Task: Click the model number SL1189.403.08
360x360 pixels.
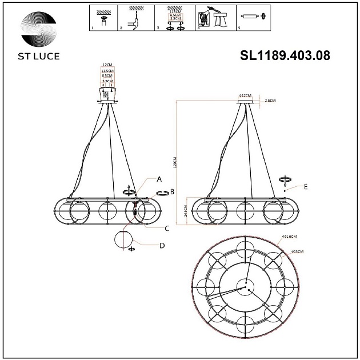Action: [x=286, y=55]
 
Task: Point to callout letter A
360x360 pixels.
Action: [x=159, y=179]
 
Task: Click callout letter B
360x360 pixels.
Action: [x=172, y=191]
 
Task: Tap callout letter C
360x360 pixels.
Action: [x=167, y=228]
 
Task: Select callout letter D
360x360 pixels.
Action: [x=162, y=246]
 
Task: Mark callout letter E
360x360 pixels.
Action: [x=306, y=186]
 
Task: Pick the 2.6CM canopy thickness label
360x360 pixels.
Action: [x=270, y=101]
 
